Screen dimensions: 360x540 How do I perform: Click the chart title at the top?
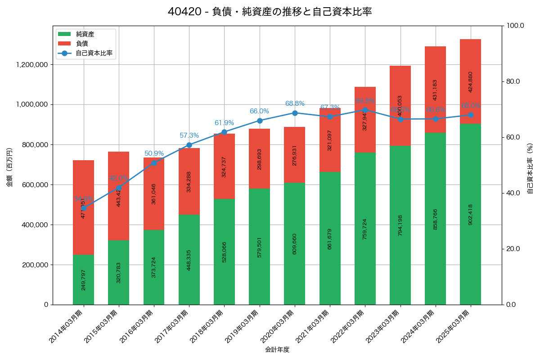pyautogui.click(x=270, y=12)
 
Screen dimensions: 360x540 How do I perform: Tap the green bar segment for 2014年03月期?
pyautogui.click(x=83, y=279)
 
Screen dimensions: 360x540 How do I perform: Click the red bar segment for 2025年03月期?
pyautogui.click(x=470, y=81)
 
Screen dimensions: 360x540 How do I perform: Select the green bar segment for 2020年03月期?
pyautogui.click(x=295, y=243)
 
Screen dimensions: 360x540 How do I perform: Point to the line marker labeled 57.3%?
pyautogui.click(x=189, y=145)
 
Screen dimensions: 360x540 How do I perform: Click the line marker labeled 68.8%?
pyautogui.click(x=295, y=113)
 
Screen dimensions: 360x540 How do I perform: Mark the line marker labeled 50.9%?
pyautogui.click(x=154, y=163)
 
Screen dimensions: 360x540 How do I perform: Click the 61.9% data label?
pyautogui.click(x=224, y=123)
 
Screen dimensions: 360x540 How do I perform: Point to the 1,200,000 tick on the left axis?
pyautogui.click(x=32, y=65)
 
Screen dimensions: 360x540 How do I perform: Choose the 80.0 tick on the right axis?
pyautogui.click(x=513, y=81)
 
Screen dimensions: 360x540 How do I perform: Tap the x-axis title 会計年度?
pyautogui.click(x=277, y=349)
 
